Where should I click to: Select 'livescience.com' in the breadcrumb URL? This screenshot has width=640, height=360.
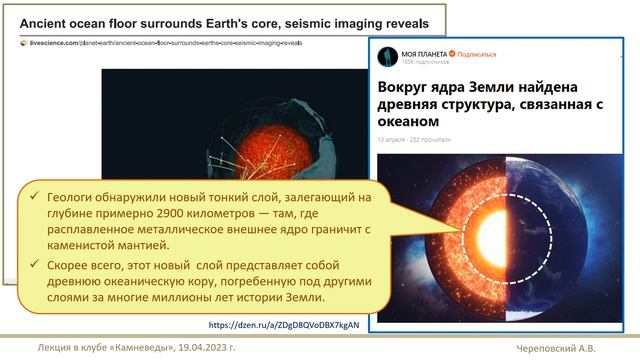click(49, 44)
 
